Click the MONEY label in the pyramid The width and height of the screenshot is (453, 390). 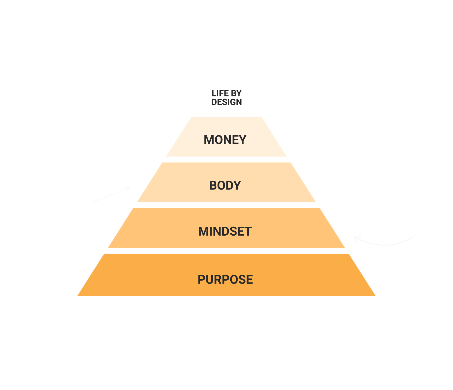(225, 140)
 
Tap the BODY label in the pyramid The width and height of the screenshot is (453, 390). (225, 186)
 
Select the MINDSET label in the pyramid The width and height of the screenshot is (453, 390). (225, 232)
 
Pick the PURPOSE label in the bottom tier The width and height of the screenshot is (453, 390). (225, 279)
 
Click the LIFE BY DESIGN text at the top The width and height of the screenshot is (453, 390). (226, 97)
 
